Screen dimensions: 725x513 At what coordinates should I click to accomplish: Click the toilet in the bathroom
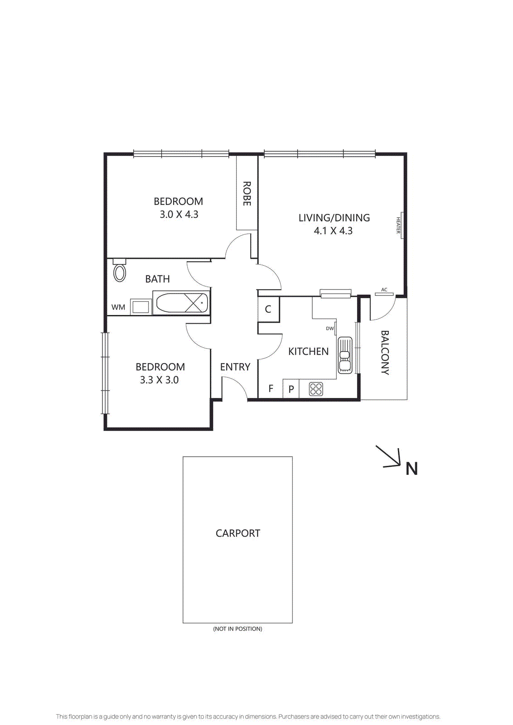120,271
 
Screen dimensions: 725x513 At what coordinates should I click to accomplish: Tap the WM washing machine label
118,307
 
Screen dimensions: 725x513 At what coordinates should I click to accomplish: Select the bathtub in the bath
181,303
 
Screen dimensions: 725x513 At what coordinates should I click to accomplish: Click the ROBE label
247,193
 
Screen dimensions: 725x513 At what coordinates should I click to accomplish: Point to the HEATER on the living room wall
399,225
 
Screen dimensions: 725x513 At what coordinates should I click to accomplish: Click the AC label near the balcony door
384,290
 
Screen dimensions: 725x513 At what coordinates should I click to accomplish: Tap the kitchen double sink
345,355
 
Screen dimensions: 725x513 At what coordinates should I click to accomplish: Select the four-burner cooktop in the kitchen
316,389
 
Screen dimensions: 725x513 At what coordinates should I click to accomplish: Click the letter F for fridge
271,389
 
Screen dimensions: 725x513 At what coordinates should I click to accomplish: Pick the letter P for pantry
291,389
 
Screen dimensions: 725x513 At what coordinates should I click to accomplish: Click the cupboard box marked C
268,309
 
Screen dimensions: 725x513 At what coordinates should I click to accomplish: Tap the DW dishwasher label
330,329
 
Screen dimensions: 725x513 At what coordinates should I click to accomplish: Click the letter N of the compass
411,469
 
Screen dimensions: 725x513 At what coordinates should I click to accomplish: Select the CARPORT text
238,533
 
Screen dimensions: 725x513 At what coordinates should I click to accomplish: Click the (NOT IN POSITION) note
238,629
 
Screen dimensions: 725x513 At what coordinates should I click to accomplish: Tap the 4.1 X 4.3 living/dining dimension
333,231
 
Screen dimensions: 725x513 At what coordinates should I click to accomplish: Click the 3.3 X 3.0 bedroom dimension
159,380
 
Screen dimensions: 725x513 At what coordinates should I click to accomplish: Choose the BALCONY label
385,353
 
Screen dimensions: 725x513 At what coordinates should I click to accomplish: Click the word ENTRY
235,367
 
